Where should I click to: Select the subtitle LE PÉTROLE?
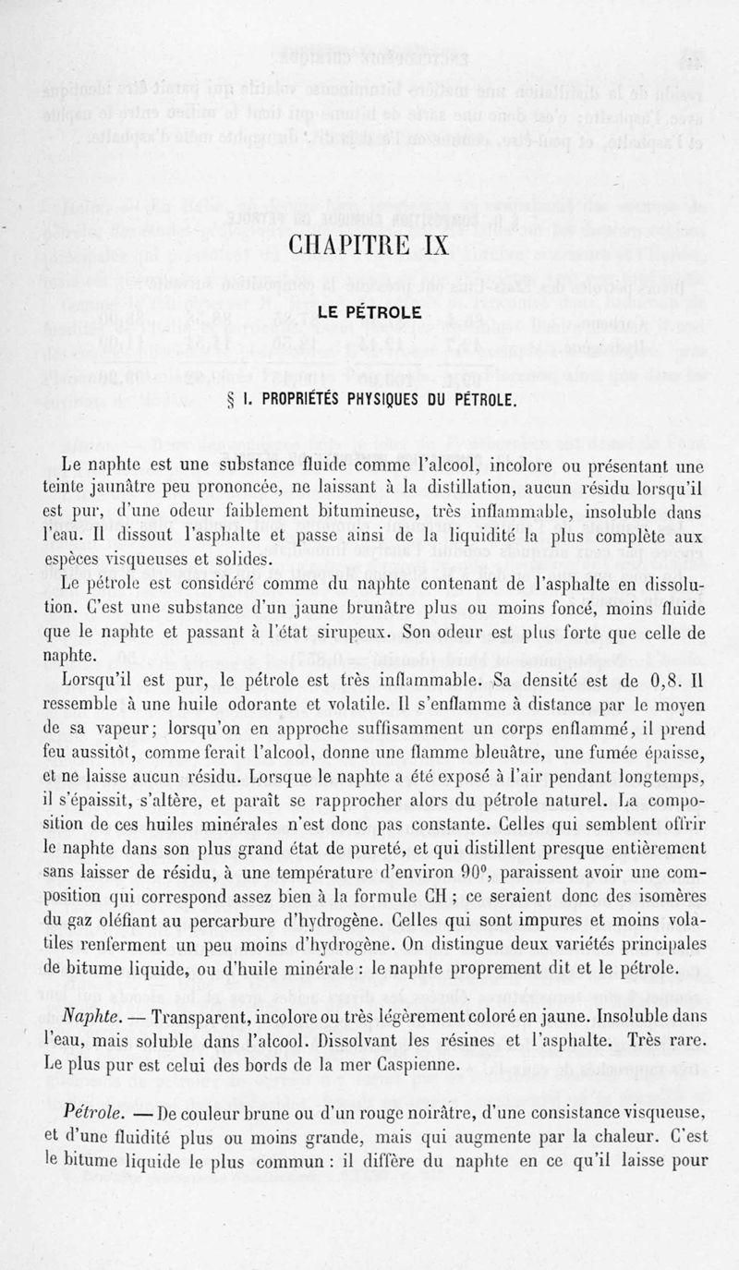click(x=369, y=314)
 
